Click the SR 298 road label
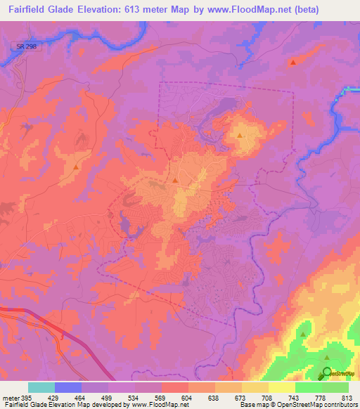[x=23, y=46]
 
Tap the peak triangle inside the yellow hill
[x=240, y=135]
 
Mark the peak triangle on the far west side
[x=76, y=167]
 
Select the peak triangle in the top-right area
[x=292, y=63]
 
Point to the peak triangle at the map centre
[x=175, y=181]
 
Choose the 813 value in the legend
[x=348, y=397]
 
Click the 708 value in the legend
[x=268, y=397]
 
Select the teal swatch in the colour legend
[x=41, y=387]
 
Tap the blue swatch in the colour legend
[x=68, y=387]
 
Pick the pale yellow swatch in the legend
[x=282, y=387]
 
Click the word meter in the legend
[x=10, y=397]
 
